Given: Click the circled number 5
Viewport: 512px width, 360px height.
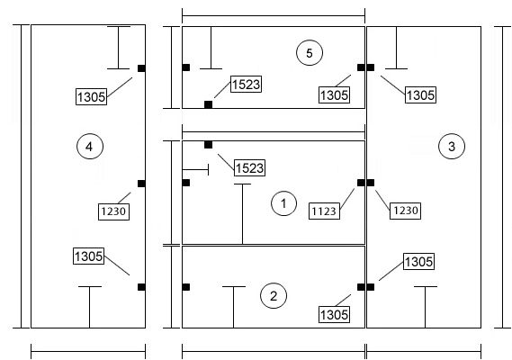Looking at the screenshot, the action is (x=310, y=52).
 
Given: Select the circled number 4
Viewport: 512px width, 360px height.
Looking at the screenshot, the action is (x=90, y=146).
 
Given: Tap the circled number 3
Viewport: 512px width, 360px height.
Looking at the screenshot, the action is (x=452, y=146).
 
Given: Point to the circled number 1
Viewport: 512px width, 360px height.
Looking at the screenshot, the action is (x=283, y=203).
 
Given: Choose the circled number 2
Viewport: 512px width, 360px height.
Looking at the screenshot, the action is (x=274, y=296).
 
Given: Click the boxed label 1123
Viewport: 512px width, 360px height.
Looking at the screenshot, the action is (x=324, y=211).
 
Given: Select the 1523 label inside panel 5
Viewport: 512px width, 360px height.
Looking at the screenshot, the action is (x=247, y=85).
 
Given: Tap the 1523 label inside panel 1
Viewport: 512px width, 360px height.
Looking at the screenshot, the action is (x=249, y=168).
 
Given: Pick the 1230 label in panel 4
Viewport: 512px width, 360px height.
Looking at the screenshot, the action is (x=113, y=211).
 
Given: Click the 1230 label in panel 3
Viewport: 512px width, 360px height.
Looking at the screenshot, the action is (x=405, y=211).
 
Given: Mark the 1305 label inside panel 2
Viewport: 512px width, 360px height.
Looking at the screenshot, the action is (x=334, y=315).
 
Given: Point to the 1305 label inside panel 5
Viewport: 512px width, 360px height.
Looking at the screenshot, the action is (x=334, y=95).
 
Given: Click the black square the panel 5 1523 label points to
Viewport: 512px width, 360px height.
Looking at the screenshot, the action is (x=209, y=104).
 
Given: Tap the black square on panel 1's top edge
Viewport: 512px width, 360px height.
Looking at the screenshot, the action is (x=209, y=145).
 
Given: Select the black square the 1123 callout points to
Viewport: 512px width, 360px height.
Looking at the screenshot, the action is (x=361, y=183).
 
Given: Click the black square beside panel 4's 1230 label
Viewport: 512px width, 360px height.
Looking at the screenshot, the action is (x=141, y=184).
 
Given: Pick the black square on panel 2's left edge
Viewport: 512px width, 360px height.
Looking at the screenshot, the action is (x=185, y=287).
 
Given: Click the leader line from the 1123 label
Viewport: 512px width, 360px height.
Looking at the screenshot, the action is (x=347, y=199).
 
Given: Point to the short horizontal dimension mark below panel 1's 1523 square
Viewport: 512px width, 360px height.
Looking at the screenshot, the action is (x=195, y=170).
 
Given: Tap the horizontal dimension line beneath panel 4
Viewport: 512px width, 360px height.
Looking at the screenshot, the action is (x=88, y=352).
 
